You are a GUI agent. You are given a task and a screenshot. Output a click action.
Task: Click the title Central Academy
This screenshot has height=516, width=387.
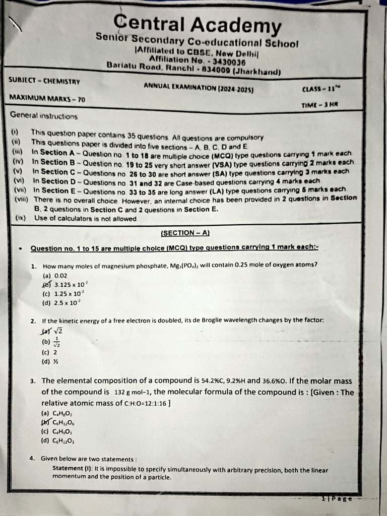[x=197, y=24]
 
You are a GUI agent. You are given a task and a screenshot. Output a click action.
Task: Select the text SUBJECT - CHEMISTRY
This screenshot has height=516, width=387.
[x=44, y=81]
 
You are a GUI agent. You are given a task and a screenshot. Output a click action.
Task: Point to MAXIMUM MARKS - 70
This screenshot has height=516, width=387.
[x=47, y=99]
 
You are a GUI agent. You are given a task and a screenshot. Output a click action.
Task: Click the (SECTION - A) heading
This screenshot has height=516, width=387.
[x=185, y=233]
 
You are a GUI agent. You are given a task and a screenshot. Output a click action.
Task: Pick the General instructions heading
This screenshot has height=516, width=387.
[x=44, y=115]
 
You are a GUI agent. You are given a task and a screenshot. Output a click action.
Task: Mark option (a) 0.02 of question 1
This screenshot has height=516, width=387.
[x=54, y=276]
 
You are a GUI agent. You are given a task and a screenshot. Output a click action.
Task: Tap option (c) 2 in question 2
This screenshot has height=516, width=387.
[x=49, y=352]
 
